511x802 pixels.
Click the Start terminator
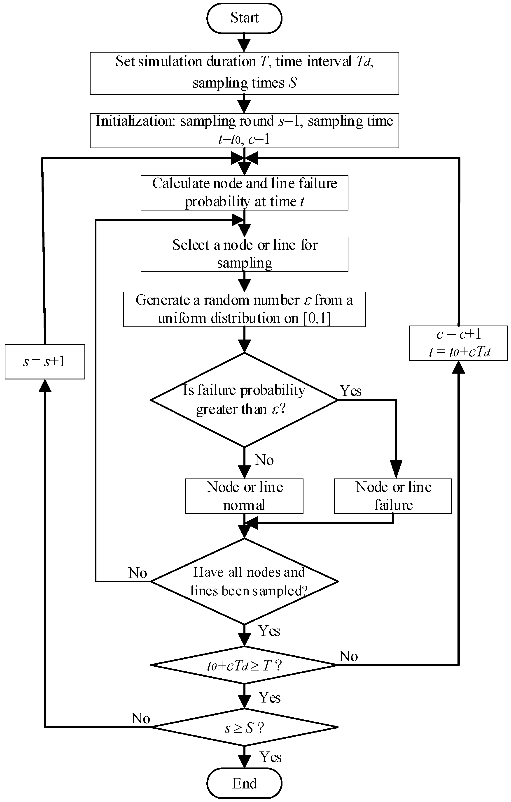click(244, 18)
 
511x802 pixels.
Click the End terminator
click(244, 783)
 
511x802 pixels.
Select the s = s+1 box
click(45, 361)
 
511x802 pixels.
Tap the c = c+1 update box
click(458, 343)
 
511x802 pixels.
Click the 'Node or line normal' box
click(244, 496)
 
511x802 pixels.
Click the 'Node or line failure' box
click(393, 496)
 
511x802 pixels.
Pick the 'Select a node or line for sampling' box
click(244, 254)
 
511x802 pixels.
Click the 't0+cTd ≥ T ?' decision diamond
click(244, 666)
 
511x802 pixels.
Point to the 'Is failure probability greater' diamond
click(244, 400)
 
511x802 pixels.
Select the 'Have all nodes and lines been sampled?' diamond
click(244, 582)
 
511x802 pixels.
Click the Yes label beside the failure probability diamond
click(351, 391)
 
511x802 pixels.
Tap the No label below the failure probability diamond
click(264, 460)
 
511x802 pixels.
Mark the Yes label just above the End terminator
click(270, 757)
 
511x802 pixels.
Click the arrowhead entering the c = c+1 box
click(459, 367)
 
